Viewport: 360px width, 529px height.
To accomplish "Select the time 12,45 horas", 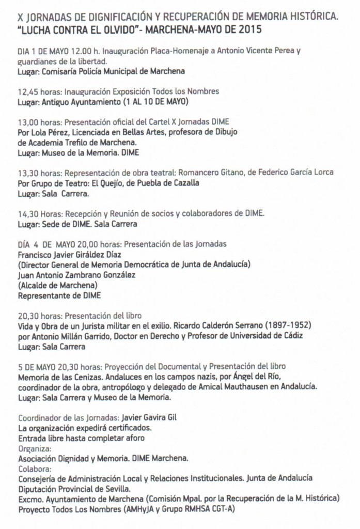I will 39,91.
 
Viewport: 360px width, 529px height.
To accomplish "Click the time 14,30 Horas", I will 39,213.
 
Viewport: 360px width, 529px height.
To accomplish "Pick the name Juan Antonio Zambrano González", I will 76,275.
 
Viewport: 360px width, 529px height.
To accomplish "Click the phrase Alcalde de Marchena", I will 57,285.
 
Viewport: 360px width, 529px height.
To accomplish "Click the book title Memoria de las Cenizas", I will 58,376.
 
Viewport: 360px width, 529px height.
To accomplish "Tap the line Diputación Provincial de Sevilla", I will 74,488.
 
